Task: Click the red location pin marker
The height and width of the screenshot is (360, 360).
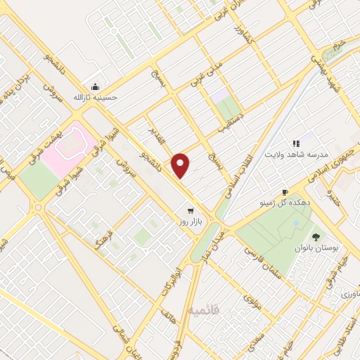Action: click(x=181, y=165)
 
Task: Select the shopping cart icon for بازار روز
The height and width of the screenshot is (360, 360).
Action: click(x=190, y=210)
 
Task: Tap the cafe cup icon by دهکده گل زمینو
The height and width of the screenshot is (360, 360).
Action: click(x=285, y=192)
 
